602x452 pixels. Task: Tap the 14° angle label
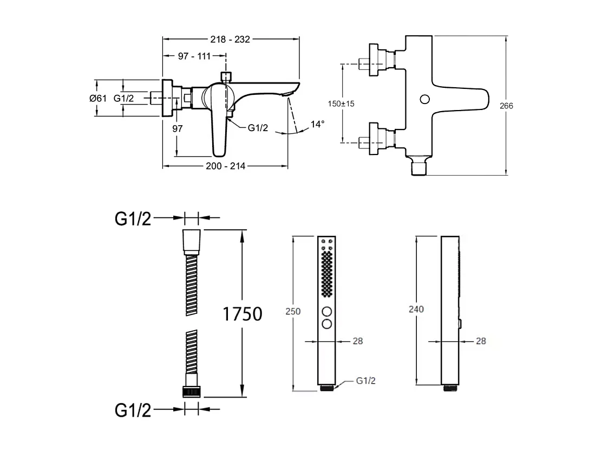click(x=318, y=124)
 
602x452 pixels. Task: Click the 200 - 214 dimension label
click(x=226, y=166)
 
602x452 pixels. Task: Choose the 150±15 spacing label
click(x=341, y=104)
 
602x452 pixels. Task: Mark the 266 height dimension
click(x=506, y=106)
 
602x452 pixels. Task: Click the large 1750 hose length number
click(x=243, y=314)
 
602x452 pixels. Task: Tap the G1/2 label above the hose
click(x=133, y=219)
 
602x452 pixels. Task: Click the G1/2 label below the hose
click(x=133, y=410)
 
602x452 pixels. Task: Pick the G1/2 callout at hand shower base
click(x=365, y=381)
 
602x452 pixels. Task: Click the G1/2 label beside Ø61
click(x=123, y=98)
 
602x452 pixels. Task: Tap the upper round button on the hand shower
click(x=328, y=312)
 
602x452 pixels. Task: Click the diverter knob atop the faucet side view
click(x=226, y=75)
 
